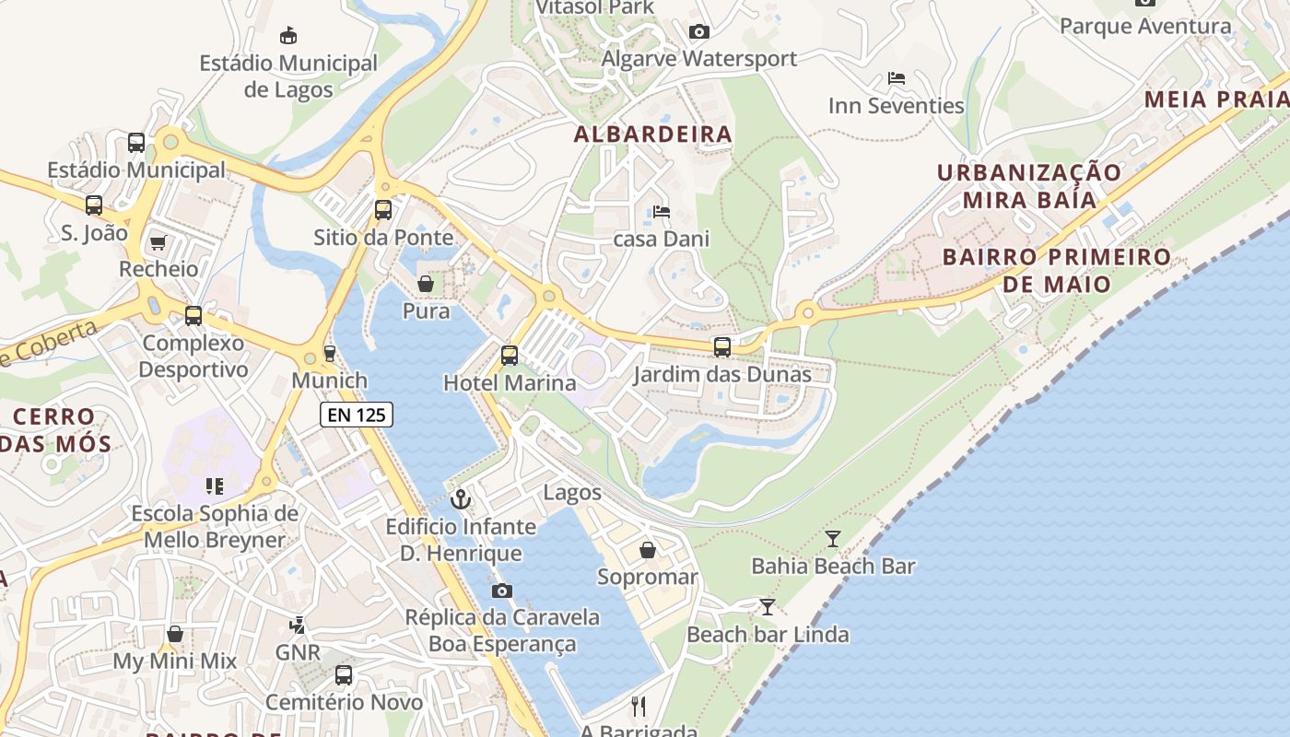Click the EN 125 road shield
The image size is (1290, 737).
click(x=358, y=415)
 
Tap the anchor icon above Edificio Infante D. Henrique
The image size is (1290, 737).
click(x=460, y=499)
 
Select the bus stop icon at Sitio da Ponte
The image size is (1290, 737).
click(x=383, y=210)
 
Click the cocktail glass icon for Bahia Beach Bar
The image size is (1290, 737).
click(x=833, y=538)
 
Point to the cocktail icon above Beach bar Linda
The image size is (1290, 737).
click(x=767, y=606)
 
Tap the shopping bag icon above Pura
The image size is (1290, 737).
click(x=426, y=284)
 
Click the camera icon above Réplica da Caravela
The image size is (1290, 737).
click(x=502, y=591)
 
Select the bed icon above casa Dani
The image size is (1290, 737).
click(x=662, y=212)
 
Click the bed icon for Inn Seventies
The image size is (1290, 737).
click(x=896, y=78)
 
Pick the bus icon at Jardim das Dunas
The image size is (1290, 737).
click(x=722, y=347)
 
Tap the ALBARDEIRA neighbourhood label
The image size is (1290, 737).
click(x=653, y=135)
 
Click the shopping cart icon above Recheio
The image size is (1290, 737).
click(x=158, y=242)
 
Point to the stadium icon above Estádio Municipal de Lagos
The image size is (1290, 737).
click(x=288, y=35)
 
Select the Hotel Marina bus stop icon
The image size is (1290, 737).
click(x=510, y=355)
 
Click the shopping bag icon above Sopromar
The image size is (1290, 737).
click(x=648, y=550)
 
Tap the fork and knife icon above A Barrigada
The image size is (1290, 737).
click(x=639, y=706)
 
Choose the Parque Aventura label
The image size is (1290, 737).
click(x=1145, y=26)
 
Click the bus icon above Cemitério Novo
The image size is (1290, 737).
click(x=344, y=675)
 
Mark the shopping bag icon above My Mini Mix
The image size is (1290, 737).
click(x=175, y=634)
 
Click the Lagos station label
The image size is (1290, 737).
click(x=572, y=492)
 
